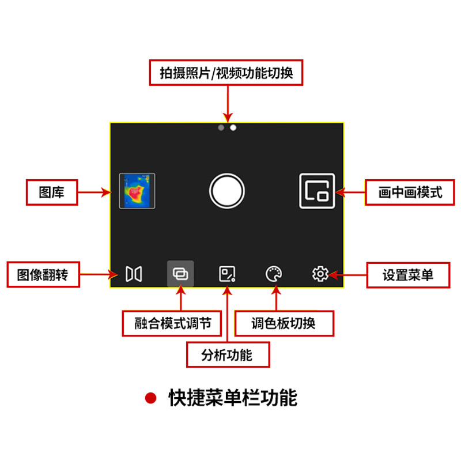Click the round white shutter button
pos(227,191)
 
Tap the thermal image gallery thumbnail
pos(137,191)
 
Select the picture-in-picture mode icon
pos(317,191)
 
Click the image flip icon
pos(134,274)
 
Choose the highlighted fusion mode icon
pos(180,274)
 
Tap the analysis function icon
pos(227,274)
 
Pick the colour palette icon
pos(274,274)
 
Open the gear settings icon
pos(320,274)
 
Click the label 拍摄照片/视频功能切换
pos(226,73)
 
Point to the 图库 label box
pos(52,192)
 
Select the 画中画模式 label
pos(410,192)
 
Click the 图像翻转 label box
pos(43,275)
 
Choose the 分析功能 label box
pos(227,354)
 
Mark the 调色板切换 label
pos(284,323)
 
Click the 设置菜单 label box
pos(408,275)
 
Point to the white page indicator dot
pos(233,127)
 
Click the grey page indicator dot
pos(221,127)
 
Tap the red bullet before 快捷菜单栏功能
pos(151,398)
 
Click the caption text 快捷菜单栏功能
pos(233,398)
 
